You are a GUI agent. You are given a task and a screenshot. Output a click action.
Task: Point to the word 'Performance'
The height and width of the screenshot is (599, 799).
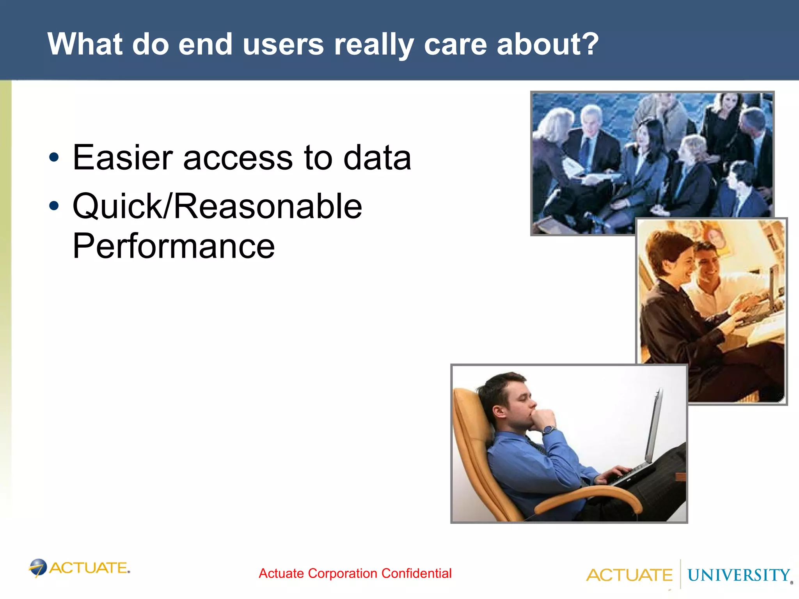[x=174, y=246]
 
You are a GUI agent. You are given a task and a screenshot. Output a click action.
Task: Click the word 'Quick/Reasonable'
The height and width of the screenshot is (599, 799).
[x=217, y=206]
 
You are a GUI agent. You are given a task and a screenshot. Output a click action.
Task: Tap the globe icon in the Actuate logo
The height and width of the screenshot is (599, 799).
[x=38, y=567]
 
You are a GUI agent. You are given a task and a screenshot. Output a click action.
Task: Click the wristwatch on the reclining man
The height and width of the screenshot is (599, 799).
[x=548, y=430]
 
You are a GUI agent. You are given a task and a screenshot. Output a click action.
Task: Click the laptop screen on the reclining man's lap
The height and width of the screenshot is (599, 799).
[x=653, y=425]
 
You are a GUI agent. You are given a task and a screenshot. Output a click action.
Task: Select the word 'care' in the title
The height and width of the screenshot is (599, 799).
[x=455, y=44]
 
